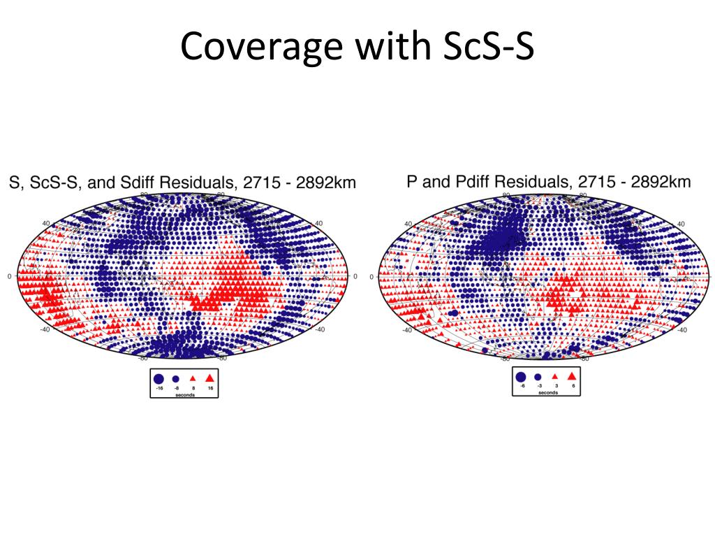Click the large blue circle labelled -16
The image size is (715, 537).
(160, 378)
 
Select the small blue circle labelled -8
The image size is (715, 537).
(176, 378)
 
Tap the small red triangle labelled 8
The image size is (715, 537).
(193, 378)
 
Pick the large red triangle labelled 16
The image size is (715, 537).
(209, 378)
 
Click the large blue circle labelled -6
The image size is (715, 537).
(521, 376)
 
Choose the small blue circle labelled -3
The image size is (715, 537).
(538, 376)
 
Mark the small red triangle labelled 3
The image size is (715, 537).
(554, 376)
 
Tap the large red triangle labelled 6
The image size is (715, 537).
(572, 375)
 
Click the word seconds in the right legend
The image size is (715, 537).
(547, 392)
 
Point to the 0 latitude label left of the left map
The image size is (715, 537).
(9, 276)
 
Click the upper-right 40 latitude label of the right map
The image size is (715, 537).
(681, 224)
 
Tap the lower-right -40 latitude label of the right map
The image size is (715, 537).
(681, 329)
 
